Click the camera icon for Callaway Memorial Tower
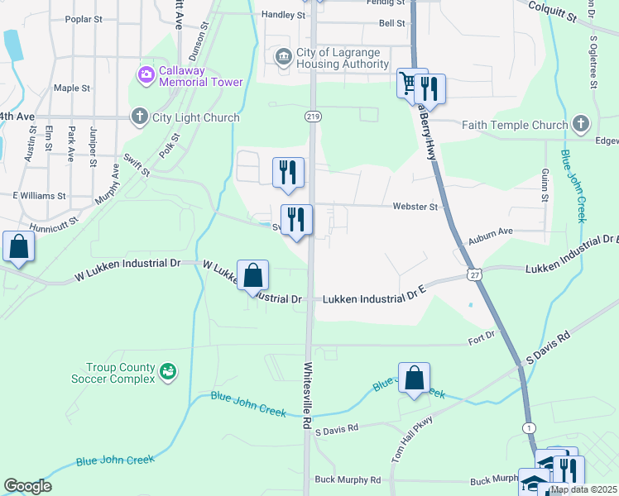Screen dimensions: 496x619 pos(147,75)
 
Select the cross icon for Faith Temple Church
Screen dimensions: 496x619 pos(580,125)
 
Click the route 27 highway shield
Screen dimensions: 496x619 pos(473,274)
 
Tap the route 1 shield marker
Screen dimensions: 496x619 pos(529,427)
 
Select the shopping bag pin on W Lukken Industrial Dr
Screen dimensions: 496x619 pos(252,275)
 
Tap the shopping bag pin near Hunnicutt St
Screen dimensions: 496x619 pos(17,246)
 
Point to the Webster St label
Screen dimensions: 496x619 pos(415,207)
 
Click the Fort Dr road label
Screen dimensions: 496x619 pos(480,336)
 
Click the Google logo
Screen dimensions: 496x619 pos(27,486)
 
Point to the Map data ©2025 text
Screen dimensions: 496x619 pos(584,489)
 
